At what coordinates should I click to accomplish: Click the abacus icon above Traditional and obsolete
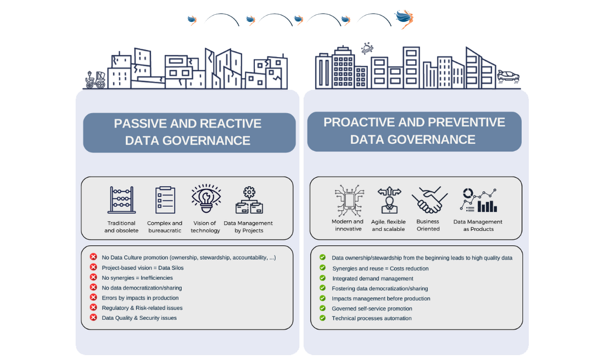[x=121, y=200]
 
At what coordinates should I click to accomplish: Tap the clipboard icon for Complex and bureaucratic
[x=165, y=200]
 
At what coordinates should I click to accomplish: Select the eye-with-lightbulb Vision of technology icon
[x=206, y=198]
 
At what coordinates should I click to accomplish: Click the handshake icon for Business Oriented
[x=429, y=200]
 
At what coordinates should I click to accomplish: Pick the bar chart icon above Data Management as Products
[x=478, y=200]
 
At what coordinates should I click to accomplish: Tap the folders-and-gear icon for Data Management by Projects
[x=249, y=200]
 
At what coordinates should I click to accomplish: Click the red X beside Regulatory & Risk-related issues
[x=93, y=307]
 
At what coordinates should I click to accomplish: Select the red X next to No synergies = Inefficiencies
[x=93, y=277]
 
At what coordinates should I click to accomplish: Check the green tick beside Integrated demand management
[x=322, y=278]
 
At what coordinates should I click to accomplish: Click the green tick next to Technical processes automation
[x=322, y=318]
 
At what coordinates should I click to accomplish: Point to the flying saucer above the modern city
[x=367, y=48]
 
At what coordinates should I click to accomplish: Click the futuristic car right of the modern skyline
[x=508, y=76]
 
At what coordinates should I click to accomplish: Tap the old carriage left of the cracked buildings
[x=95, y=80]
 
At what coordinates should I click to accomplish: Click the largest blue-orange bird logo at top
[x=404, y=19]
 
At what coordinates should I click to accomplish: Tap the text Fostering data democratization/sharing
[x=380, y=289]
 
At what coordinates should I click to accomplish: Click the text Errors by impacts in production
[x=140, y=297]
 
